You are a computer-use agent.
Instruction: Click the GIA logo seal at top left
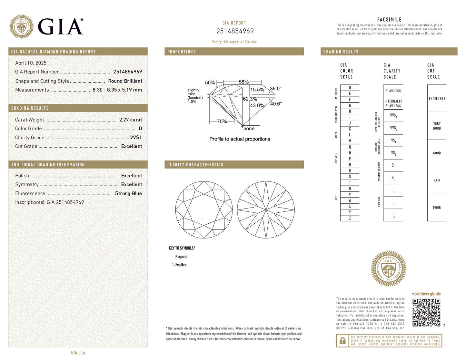click(21, 26)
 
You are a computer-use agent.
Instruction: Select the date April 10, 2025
click(31, 63)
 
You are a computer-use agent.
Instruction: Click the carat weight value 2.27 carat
click(130, 120)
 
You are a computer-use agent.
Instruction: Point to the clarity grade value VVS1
click(136, 138)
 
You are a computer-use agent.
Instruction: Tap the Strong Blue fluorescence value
click(128, 194)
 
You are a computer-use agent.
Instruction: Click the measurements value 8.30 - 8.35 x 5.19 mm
click(117, 90)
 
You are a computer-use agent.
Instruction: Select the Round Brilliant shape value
click(125, 81)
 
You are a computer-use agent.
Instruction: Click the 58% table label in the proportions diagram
click(243, 82)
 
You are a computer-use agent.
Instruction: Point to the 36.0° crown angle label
click(276, 89)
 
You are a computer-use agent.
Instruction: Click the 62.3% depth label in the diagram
click(250, 99)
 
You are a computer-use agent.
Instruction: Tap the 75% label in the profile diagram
click(222, 122)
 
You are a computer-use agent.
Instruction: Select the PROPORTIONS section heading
click(182, 52)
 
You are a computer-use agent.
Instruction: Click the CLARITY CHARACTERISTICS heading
click(195, 165)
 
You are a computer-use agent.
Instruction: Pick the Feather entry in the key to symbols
click(181, 265)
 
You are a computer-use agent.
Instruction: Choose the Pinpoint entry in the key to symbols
click(181, 257)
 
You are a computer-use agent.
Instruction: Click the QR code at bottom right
click(426, 312)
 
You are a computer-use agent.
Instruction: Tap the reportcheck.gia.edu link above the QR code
click(426, 294)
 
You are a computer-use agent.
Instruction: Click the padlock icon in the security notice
click(342, 341)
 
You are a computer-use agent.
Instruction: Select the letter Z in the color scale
click(350, 219)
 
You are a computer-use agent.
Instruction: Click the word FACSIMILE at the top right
click(389, 20)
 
